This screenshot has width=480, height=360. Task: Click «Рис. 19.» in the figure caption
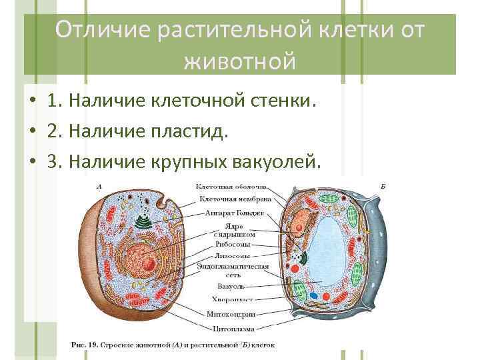coord(85,345)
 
